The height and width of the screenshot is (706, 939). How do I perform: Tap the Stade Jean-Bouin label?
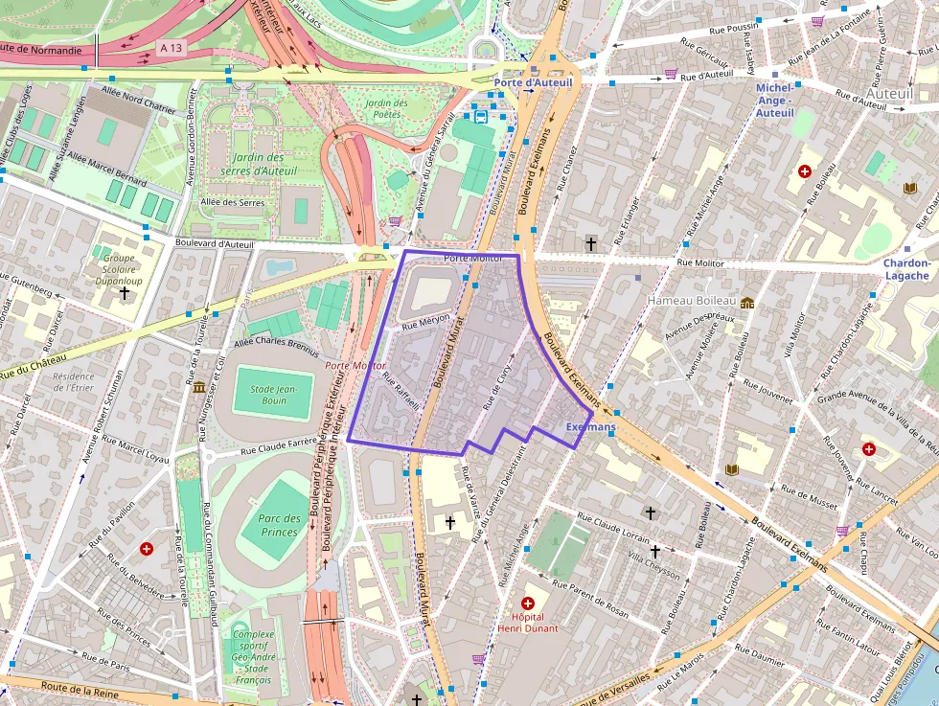(x=273, y=394)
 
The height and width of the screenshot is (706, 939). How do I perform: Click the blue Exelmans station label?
(x=590, y=426)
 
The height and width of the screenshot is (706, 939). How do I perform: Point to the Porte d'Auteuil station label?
(x=533, y=83)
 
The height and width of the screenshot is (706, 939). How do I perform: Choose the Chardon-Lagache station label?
(x=906, y=269)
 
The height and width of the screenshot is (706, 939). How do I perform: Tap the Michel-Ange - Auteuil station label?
(x=775, y=101)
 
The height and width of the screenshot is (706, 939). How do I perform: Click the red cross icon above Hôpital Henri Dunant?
(x=527, y=603)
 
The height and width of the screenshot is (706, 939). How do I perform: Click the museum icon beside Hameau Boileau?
(x=747, y=303)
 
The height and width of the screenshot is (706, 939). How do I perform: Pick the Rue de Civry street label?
(x=499, y=385)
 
